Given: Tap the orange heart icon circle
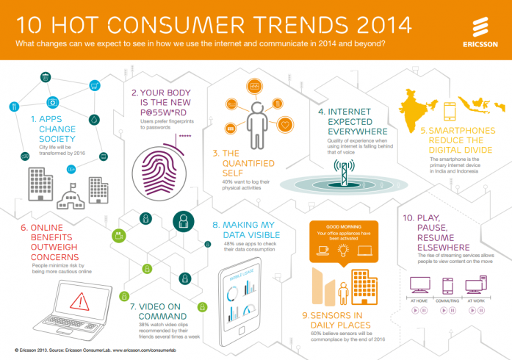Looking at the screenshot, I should [285, 126].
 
